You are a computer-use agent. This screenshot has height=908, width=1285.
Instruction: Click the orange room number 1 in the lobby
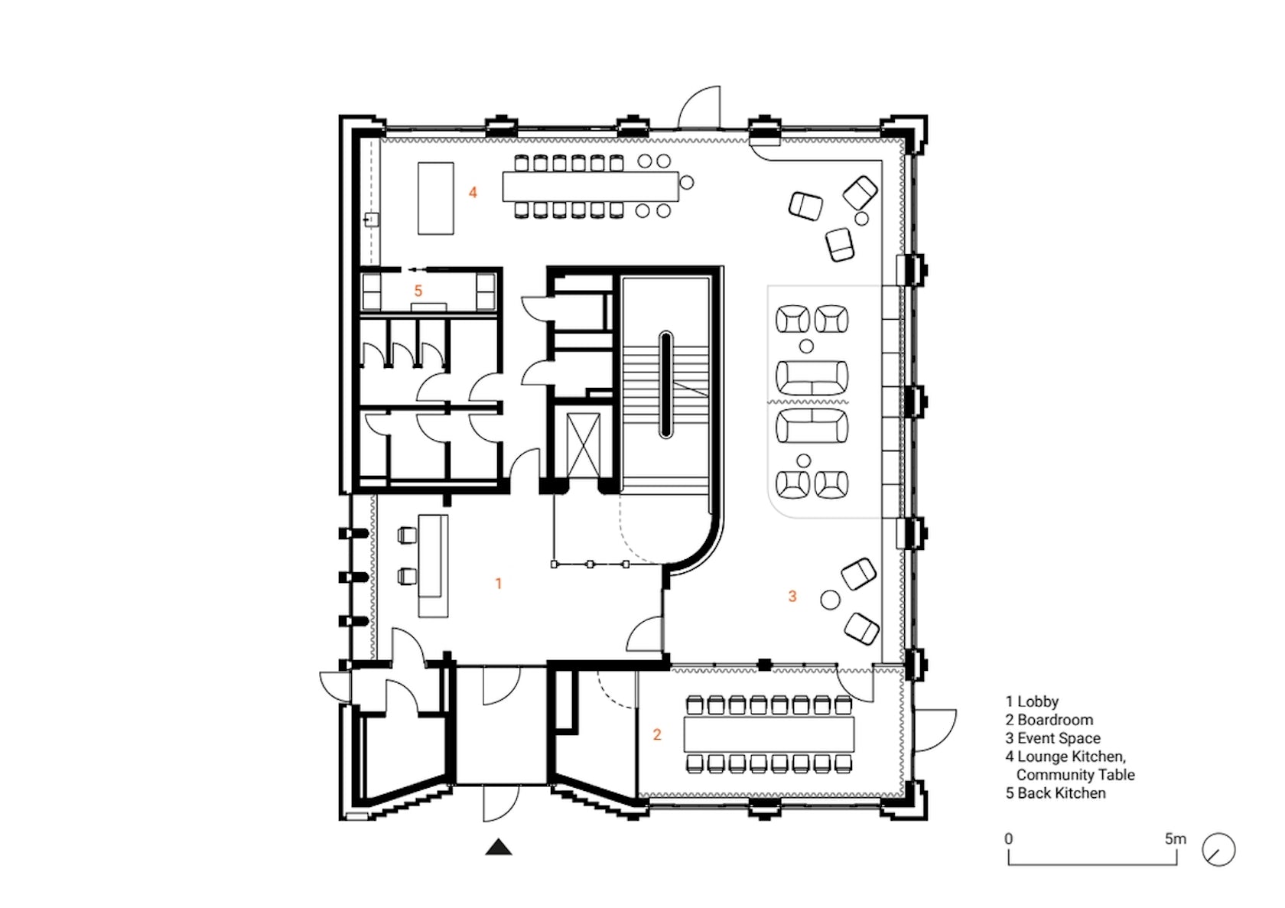click(499, 584)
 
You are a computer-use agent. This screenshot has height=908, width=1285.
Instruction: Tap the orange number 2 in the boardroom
click(657, 734)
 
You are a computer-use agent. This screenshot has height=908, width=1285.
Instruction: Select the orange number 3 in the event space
click(792, 596)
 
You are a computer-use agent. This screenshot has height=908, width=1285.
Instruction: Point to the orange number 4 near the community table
click(473, 192)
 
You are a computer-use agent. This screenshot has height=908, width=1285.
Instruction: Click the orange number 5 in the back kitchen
click(418, 291)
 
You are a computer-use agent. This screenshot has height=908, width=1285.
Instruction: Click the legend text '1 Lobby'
click(1032, 701)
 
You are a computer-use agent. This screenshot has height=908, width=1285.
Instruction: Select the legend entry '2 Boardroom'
click(1049, 720)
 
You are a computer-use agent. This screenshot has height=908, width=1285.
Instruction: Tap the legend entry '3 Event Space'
click(1052, 738)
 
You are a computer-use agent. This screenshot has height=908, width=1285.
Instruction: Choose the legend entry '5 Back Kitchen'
click(1056, 793)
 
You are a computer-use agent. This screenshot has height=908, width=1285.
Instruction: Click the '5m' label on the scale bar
click(1175, 838)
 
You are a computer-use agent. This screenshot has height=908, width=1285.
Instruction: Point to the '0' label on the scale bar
click(1009, 838)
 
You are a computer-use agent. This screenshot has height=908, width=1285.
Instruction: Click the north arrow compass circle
click(1218, 850)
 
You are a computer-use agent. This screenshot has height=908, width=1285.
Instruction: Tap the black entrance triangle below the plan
click(499, 847)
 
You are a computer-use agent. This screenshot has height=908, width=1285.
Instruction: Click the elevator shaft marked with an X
click(584, 444)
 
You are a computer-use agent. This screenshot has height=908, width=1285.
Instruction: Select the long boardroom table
click(769, 735)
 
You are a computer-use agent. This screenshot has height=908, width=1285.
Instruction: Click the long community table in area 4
click(590, 187)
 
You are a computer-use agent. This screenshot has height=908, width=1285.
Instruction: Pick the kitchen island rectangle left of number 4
click(435, 198)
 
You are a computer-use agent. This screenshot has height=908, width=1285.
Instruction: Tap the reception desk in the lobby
click(433, 565)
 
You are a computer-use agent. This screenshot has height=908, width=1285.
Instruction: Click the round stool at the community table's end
click(687, 182)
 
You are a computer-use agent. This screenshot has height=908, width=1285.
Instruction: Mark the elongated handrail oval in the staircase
click(665, 384)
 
